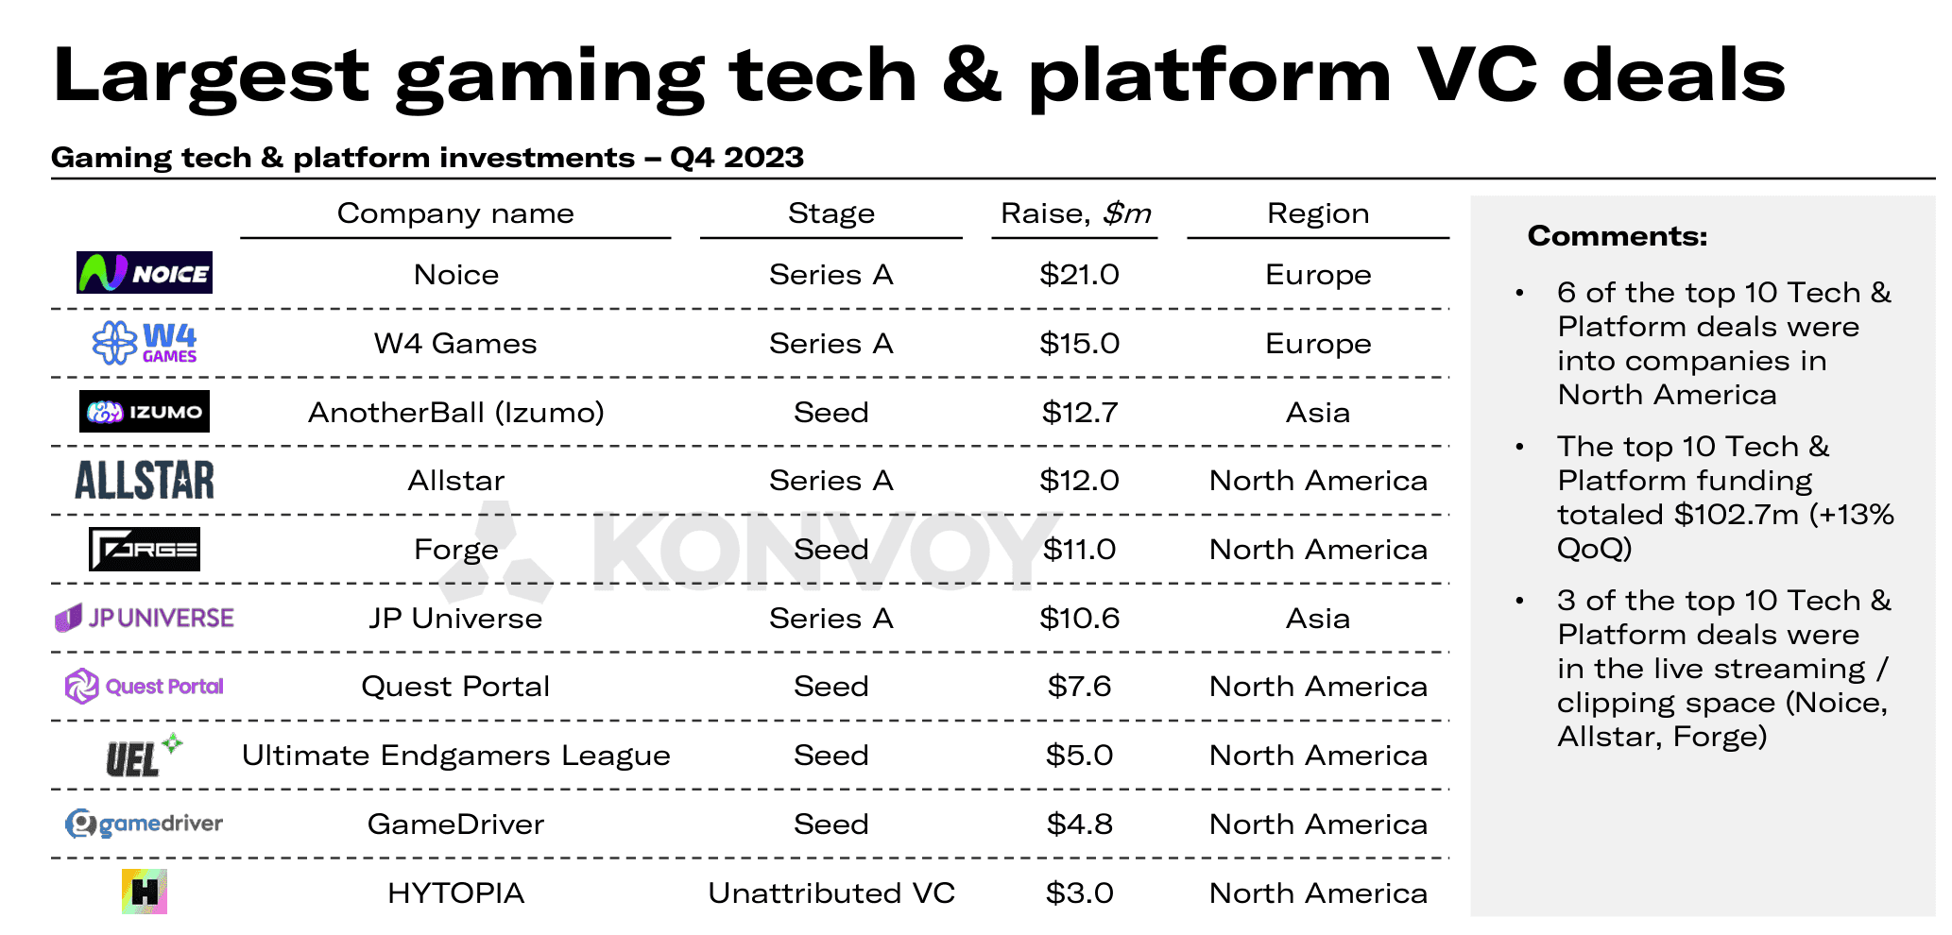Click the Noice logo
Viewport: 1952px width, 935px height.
145,273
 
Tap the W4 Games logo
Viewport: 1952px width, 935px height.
145,343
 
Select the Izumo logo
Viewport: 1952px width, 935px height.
145,412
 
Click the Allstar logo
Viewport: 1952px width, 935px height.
145,480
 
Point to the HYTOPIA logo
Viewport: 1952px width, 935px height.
145,892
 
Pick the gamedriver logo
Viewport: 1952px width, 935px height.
145,824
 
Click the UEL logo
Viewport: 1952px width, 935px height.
142,756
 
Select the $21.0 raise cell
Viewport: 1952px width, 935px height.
1079,275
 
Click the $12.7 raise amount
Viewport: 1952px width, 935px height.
1079,413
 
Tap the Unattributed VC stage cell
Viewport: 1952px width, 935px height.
831,893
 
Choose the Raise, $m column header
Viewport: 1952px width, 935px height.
1076,213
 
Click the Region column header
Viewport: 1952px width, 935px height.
1318,213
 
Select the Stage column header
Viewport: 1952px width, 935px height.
831,213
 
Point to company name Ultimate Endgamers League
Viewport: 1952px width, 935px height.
456,756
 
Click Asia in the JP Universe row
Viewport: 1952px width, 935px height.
1318,619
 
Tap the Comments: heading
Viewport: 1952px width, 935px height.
1618,236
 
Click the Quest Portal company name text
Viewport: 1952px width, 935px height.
455,687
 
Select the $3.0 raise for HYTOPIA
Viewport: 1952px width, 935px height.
1079,893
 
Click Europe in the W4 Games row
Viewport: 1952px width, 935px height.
1318,344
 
